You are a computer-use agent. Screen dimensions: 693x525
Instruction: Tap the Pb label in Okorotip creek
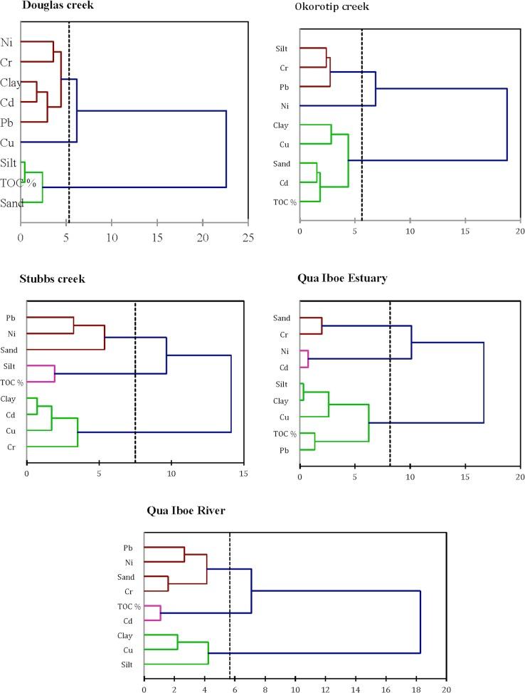pos(280,87)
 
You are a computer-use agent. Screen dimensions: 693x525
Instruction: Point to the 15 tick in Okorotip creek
pos(465,231)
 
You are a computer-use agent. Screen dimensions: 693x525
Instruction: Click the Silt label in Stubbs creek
pos(11,366)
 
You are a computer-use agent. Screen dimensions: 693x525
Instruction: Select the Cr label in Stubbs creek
pos(11,447)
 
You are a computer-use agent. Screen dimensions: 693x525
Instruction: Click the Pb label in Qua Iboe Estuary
pos(283,450)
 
